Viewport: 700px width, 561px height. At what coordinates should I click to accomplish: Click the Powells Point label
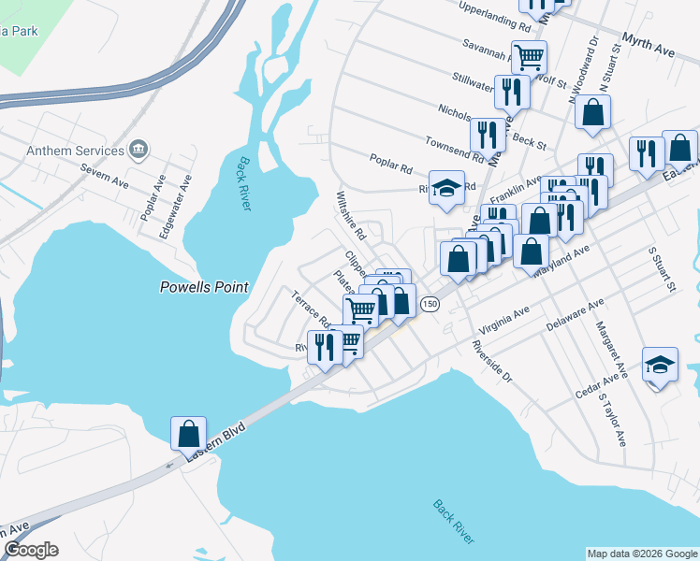click(205, 287)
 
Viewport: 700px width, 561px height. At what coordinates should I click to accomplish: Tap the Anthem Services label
click(76, 151)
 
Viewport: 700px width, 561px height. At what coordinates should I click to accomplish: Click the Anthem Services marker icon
click(139, 149)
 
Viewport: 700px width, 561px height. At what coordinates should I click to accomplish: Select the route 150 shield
click(430, 304)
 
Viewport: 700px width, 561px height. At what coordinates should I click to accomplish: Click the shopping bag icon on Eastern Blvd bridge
click(188, 433)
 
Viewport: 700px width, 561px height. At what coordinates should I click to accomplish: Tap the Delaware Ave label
click(576, 315)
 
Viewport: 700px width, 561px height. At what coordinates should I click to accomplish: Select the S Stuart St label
click(662, 269)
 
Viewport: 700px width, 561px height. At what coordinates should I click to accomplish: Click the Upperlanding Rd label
click(497, 18)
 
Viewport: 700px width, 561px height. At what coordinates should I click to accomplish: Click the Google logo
click(31, 550)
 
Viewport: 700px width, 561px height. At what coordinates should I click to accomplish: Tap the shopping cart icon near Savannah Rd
click(529, 57)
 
